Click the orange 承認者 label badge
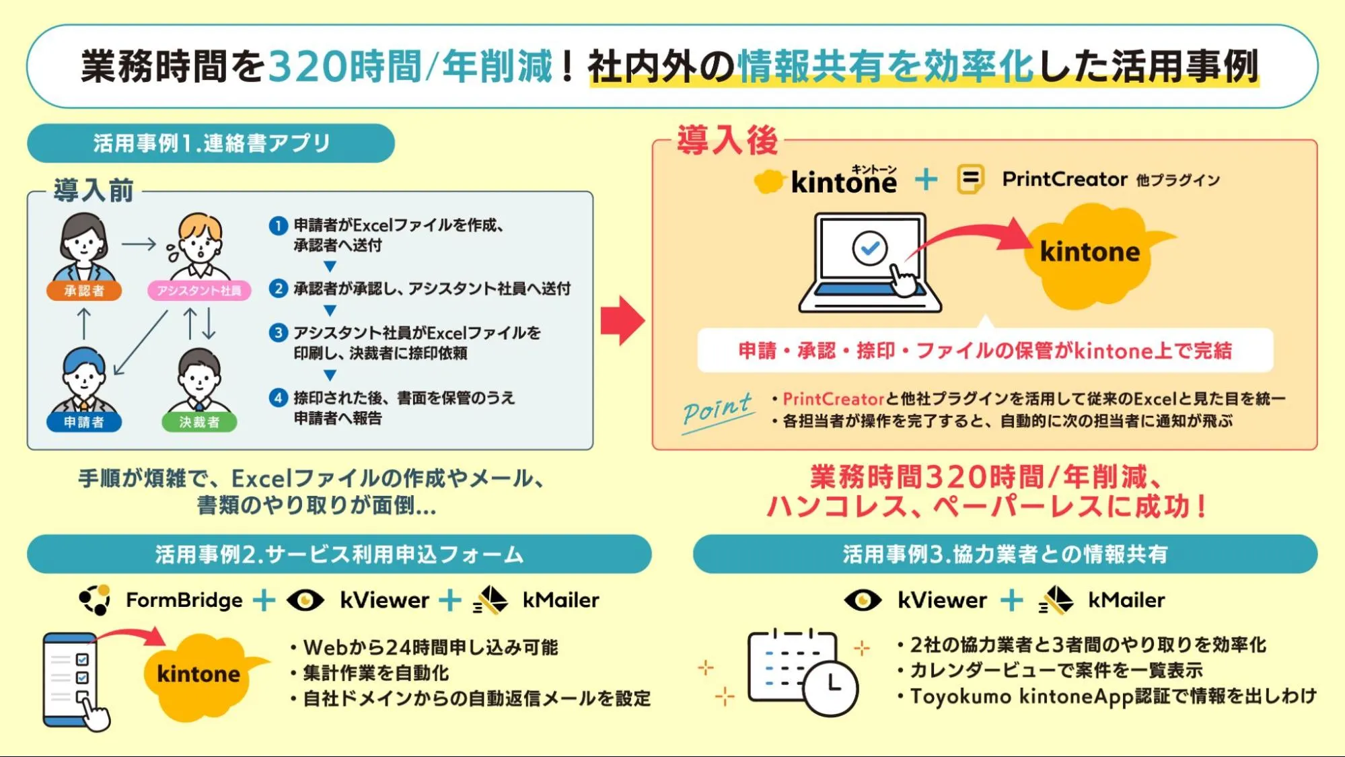pyautogui.click(x=84, y=291)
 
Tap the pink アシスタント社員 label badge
pyautogui.click(x=199, y=291)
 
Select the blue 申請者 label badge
pyautogui.click(x=84, y=422)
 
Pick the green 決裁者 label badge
pyautogui.click(x=199, y=422)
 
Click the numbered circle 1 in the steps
pyautogui.click(x=278, y=225)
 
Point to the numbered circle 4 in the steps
pyautogui.click(x=278, y=398)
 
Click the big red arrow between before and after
pyautogui.click(x=622, y=320)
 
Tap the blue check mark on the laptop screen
pyautogui.click(x=870, y=248)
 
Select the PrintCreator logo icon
pyautogui.click(x=970, y=180)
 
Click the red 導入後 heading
pyautogui.click(x=727, y=140)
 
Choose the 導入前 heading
pyautogui.click(x=94, y=190)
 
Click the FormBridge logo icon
pyautogui.click(x=95, y=600)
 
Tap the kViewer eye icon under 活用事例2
pyautogui.click(x=305, y=600)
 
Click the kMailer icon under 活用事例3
pyautogui.click(x=1056, y=600)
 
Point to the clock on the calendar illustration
pyautogui.click(x=831, y=688)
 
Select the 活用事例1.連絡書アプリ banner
pyautogui.click(x=211, y=143)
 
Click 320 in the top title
pyautogui.click(x=307, y=67)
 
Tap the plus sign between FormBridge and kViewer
pyautogui.click(x=264, y=600)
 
